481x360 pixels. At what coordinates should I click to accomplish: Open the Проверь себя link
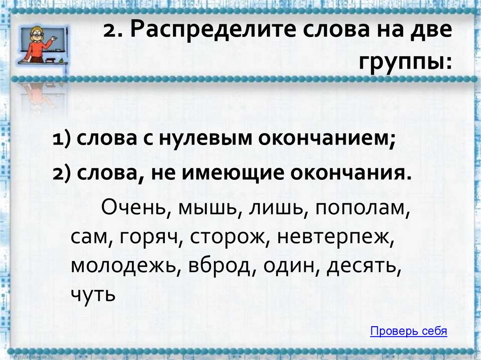point(408,331)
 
